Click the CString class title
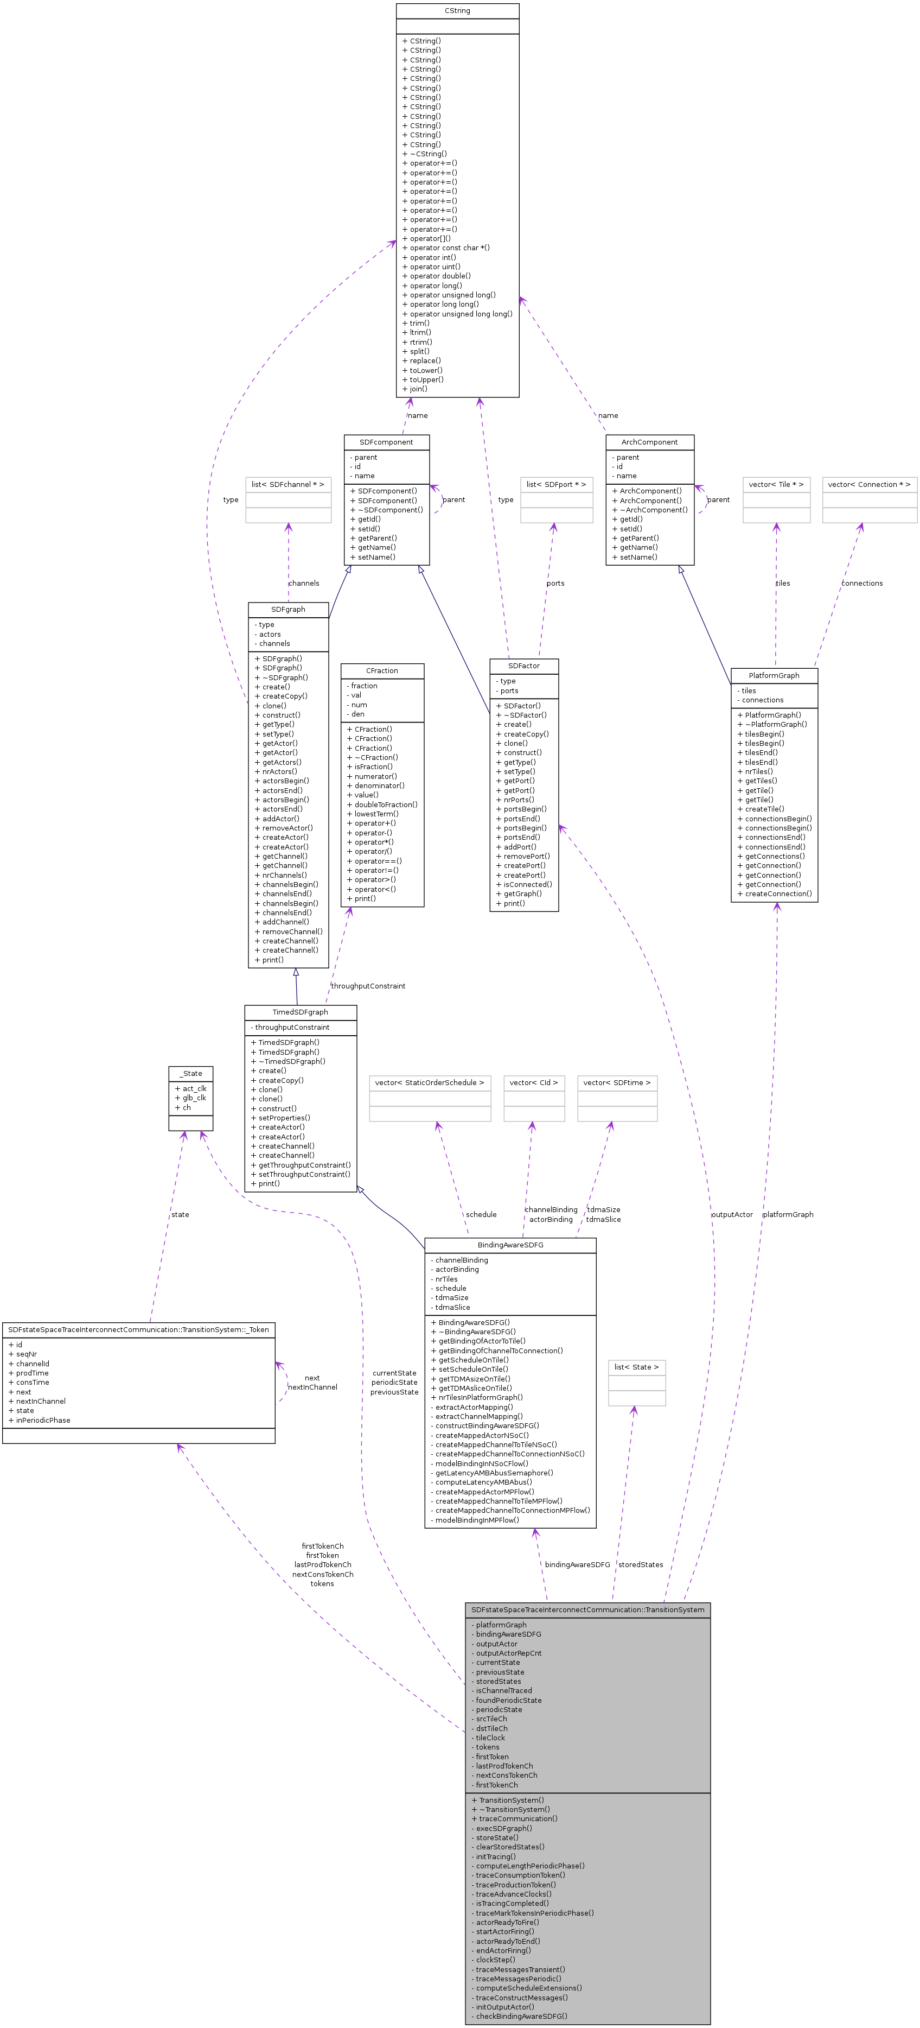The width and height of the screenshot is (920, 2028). pyautogui.click(x=457, y=11)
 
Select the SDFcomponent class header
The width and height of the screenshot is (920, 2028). pyautogui.click(x=386, y=442)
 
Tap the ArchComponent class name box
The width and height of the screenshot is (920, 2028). pyautogui.click(x=649, y=442)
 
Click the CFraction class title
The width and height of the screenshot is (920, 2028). pyautogui.click(x=382, y=671)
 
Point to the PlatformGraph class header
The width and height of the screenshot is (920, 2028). pyautogui.click(x=774, y=675)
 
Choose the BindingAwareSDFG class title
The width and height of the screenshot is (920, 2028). pyautogui.click(x=510, y=1245)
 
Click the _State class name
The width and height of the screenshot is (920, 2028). pyautogui.click(x=190, y=1074)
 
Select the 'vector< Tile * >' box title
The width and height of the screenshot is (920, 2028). pyautogui.click(x=776, y=484)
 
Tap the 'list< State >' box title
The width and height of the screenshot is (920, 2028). pyautogui.click(x=636, y=1367)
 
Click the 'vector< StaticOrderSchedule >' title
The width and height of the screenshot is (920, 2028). pyautogui.click(x=430, y=1083)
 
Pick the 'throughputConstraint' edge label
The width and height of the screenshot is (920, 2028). pyautogui.click(x=368, y=986)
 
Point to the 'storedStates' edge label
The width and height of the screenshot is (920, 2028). pyautogui.click(x=641, y=1565)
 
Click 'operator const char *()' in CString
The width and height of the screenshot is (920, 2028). pyautogui.click(x=449, y=248)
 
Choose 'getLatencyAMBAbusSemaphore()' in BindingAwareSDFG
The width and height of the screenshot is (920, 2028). pyautogui.click(x=494, y=1473)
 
